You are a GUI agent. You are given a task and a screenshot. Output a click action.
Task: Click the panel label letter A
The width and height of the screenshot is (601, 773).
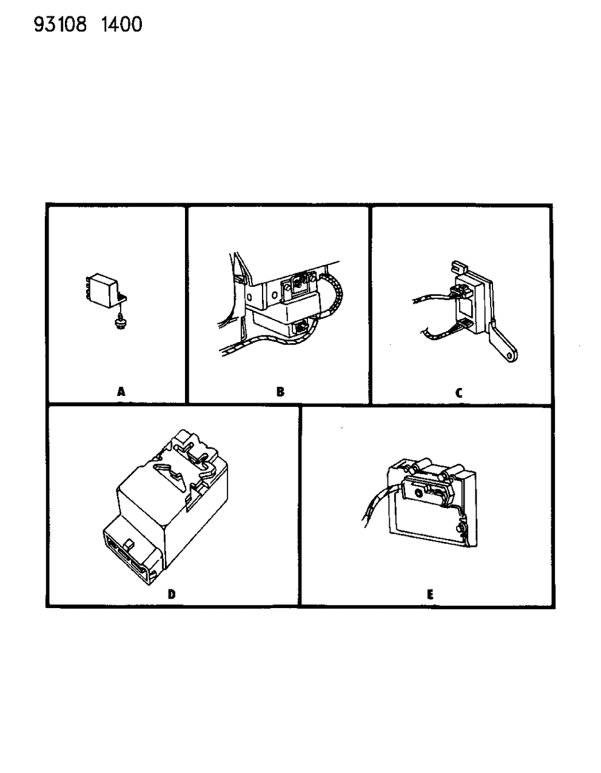pos(121,392)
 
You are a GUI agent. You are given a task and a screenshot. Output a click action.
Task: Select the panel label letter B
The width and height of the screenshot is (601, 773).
pos(280,392)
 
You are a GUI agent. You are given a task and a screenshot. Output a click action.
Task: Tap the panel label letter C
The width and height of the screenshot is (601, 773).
pos(459,393)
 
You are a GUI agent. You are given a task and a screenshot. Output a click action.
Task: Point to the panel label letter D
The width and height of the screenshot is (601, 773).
pos(172,594)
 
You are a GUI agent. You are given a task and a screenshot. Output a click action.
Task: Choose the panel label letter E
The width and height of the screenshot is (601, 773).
pos(430,595)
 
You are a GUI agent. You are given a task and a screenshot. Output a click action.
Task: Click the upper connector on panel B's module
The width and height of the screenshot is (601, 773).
pos(298,283)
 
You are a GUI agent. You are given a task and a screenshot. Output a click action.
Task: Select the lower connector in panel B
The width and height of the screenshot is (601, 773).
pos(298,328)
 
